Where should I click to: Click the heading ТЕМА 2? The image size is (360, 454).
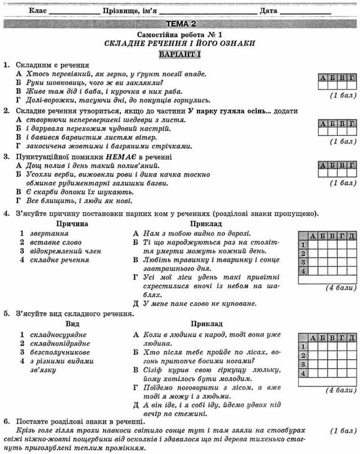(x=180, y=23)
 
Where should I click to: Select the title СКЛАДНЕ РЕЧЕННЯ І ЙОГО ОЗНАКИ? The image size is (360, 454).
(x=180, y=43)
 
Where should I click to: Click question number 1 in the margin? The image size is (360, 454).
(x=5, y=65)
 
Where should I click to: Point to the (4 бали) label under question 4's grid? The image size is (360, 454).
(x=338, y=288)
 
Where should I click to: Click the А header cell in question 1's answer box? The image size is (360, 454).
(x=322, y=78)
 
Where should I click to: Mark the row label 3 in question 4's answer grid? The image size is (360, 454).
(x=303, y=262)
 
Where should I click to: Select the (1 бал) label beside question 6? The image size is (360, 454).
(x=340, y=431)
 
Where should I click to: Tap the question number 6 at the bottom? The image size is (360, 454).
(x=5, y=420)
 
